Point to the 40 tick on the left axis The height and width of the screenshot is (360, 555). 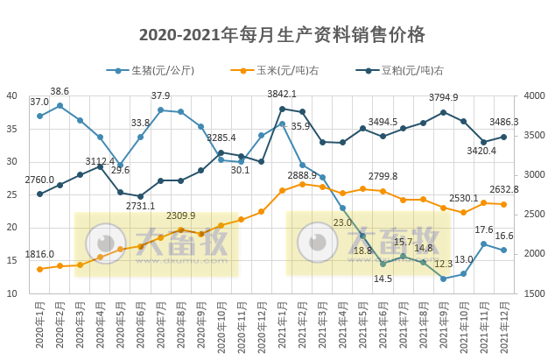(x=13, y=96)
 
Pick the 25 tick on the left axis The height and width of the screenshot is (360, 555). (x=13, y=194)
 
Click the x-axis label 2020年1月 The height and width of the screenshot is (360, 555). (x=40, y=328)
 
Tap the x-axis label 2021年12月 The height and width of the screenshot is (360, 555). (x=503, y=328)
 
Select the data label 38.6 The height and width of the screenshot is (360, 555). (x=60, y=91)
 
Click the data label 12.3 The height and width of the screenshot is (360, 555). (x=443, y=264)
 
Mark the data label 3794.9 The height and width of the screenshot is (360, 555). (x=443, y=97)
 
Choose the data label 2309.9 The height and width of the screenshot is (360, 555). (x=180, y=215)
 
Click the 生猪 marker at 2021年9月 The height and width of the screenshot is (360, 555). (x=443, y=279)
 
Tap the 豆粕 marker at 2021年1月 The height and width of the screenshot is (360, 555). (x=282, y=109)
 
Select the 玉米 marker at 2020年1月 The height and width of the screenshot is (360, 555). (x=39, y=269)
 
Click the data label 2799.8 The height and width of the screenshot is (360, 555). (x=383, y=176)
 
